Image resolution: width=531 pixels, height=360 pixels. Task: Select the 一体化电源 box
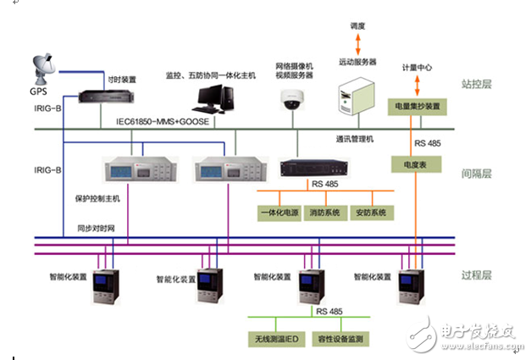click(283, 212)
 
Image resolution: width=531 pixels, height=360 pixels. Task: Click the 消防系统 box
click(326, 212)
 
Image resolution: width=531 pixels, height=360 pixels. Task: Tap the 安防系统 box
click(370, 212)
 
